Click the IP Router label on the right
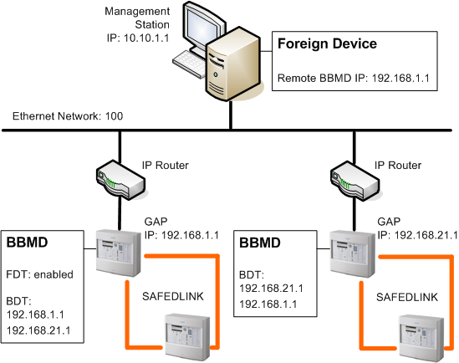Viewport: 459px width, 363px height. click(396, 165)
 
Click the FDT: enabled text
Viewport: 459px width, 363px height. click(40, 274)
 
